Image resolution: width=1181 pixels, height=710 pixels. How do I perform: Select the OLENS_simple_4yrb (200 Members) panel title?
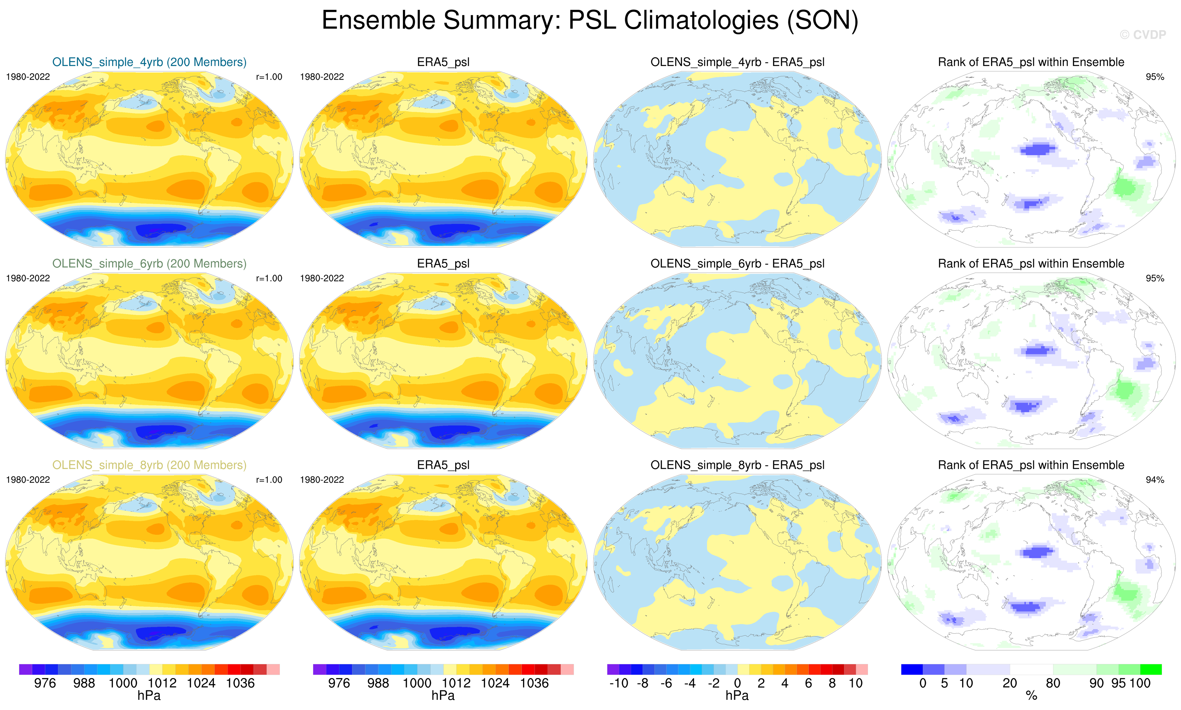[149, 62]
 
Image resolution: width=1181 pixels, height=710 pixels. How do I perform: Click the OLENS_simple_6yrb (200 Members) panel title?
[149, 264]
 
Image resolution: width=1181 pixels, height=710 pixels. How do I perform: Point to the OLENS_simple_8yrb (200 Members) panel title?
[149, 465]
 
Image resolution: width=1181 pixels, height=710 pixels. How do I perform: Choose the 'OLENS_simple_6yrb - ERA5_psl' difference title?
[737, 264]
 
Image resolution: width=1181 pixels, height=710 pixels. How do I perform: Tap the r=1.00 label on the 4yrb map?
[269, 77]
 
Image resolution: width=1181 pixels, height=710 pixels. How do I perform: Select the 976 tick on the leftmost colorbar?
[45, 683]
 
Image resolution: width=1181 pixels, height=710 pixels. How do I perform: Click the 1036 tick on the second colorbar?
[534, 683]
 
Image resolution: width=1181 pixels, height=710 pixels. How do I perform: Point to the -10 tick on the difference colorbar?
[619, 683]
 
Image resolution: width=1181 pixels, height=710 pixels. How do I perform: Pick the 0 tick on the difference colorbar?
[737, 683]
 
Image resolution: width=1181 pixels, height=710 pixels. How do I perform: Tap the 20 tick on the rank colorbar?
[1010, 683]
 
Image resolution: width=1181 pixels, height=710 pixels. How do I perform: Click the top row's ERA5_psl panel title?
[443, 62]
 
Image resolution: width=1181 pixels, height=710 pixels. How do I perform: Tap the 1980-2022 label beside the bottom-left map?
[28, 480]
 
